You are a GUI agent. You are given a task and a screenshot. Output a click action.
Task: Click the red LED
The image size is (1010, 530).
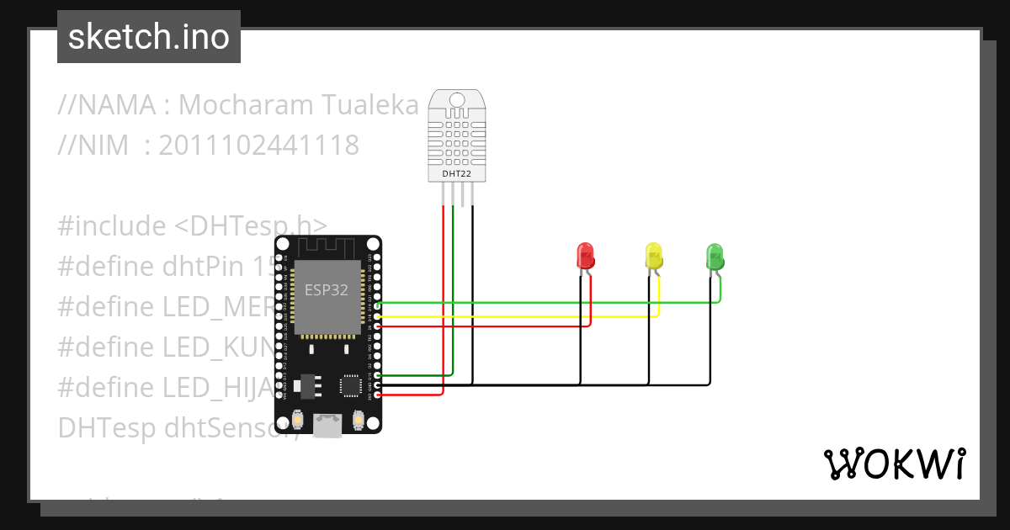pyautogui.click(x=585, y=256)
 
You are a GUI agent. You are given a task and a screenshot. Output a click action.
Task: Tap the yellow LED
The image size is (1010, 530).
pyautogui.click(x=653, y=256)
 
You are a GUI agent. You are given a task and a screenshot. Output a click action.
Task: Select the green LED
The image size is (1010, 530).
pyautogui.click(x=715, y=256)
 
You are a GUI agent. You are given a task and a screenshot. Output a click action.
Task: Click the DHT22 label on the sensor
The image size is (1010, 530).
pyautogui.click(x=457, y=174)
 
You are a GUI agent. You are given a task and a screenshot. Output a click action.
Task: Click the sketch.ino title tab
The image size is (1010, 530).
pyautogui.click(x=149, y=37)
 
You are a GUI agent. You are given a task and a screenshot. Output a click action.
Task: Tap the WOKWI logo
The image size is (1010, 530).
pyautogui.click(x=894, y=464)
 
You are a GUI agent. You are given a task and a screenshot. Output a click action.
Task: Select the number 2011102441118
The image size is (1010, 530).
pyautogui.click(x=258, y=146)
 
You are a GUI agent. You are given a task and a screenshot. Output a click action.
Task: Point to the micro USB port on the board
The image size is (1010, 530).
pyautogui.click(x=327, y=425)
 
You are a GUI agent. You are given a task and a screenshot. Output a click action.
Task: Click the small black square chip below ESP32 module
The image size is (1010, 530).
pyautogui.click(x=349, y=385)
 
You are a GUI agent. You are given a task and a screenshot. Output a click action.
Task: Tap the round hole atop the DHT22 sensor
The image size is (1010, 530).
pyautogui.click(x=457, y=100)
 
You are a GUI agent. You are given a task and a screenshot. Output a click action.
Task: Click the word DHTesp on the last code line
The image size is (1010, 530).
pyautogui.click(x=107, y=428)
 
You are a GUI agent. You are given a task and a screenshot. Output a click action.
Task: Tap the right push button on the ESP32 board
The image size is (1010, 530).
pyautogui.click(x=359, y=418)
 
